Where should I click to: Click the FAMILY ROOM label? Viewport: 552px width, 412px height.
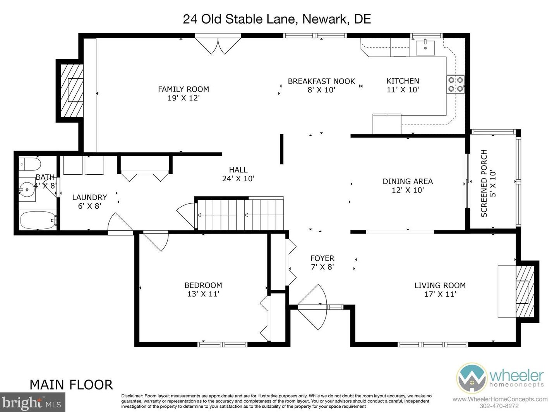[x=183, y=89]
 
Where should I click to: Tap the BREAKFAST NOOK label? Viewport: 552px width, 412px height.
[x=321, y=81]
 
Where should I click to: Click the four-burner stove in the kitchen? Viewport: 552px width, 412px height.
[x=456, y=84]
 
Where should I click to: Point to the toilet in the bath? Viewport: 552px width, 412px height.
[x=30, y=164]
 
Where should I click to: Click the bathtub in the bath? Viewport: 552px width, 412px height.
[x=38, y=220]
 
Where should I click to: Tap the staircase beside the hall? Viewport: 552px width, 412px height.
[x=240, y=215]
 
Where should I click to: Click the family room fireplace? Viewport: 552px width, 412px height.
[x=72, y=91]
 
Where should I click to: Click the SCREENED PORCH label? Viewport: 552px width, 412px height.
[x=484, y=183]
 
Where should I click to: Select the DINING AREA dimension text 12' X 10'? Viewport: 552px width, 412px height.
[x=408, y=190]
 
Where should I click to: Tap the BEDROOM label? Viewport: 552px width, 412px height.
[x=203, y=285]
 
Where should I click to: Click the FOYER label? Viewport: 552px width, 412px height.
[x=322, y=258]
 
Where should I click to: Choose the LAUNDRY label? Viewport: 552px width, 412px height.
[x=89, y=197]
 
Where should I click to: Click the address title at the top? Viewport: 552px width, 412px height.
[x=277, y=19]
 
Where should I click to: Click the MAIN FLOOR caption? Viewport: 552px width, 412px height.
[x=72, y=385]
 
